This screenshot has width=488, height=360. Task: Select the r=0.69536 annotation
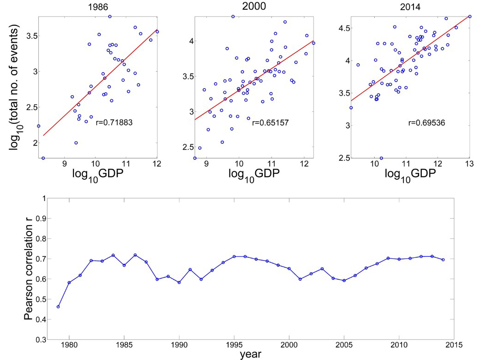point(427,123)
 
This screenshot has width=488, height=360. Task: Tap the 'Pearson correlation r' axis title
point(30,269)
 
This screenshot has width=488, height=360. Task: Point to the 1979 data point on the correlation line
point(58,306)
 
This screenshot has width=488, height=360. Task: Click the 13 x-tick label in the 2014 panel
point(469,165)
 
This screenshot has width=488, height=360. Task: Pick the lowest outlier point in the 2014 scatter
point(381,158)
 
